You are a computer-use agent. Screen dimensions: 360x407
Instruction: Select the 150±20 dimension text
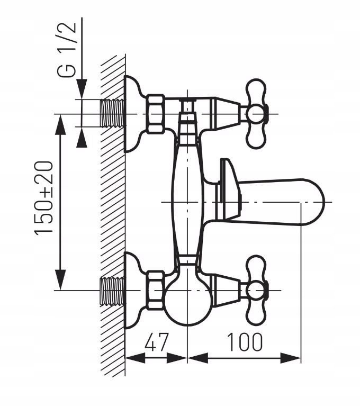[46, 198]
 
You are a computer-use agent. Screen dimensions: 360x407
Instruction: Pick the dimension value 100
[245, 342]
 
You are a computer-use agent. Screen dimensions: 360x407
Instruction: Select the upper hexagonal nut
[155, 113]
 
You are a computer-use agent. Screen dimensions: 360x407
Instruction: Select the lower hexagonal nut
[155, 290]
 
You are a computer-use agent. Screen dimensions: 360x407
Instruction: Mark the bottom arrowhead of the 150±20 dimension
[62, 281]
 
